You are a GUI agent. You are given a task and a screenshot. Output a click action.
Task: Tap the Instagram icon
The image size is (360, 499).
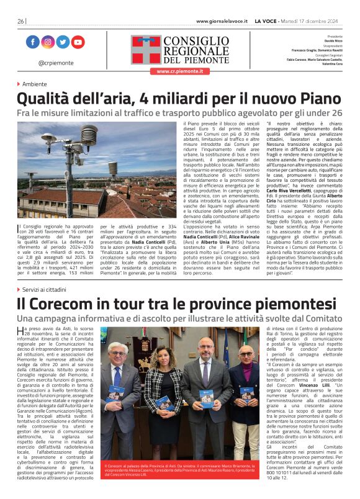tap(48, 42)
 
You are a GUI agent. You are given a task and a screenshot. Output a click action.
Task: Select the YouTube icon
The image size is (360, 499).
tap(78, 42)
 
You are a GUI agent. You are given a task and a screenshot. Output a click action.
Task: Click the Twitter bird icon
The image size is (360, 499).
tap(63, 42)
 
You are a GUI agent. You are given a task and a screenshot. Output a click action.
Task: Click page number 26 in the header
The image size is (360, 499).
tap(20, 21)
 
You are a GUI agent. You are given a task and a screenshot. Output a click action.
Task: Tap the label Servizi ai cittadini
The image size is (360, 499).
tap(47, 290)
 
